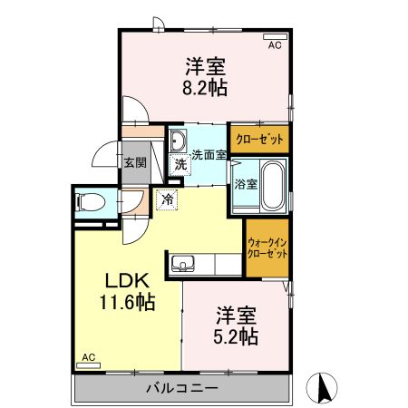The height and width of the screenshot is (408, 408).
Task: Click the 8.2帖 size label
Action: point(206,88)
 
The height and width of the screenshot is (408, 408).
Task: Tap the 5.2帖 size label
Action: point(237,337)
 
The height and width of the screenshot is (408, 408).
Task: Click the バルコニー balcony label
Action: point(181,389)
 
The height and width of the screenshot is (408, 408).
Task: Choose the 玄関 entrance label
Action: point(135,163)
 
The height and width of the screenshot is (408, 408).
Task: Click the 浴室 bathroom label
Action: point(246,182)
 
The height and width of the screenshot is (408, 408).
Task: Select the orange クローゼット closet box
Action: point(258,139)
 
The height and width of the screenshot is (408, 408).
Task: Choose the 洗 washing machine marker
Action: point(180,165)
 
